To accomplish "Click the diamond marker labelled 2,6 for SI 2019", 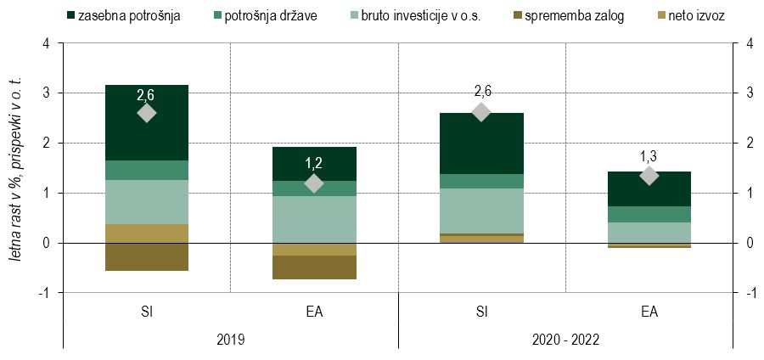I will (x=146, y=113).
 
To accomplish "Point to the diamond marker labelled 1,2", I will (x=314, y=183).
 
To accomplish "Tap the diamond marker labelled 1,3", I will (x=649, y=176).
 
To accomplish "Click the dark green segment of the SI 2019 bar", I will (x=146, y=122).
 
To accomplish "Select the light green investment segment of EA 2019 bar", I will (x=314, y=220).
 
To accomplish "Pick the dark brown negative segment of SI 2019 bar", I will (x=146, y=257).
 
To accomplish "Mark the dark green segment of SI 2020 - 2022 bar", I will (x=481, y=143).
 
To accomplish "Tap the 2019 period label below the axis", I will (x=230, y=339).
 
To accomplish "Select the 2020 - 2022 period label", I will (x=565, y=339).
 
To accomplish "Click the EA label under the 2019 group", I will (x=314, y=312).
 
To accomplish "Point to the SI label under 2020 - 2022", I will (x=481, y=312).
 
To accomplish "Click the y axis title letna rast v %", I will (x=17, y=187).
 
